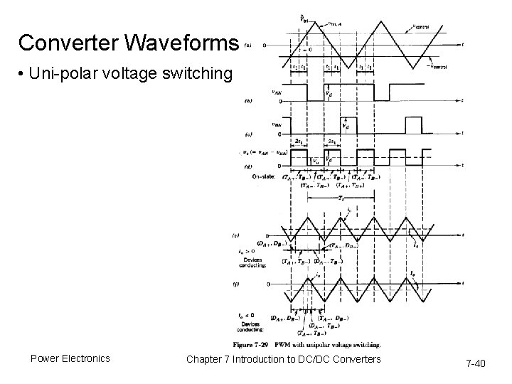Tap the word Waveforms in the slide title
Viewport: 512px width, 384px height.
(x=186, y=43)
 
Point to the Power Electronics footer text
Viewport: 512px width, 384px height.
(x=70, y=358)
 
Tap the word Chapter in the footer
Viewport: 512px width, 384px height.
(x=208, y=358)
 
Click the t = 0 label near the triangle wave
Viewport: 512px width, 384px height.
(x=306, y=50)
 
